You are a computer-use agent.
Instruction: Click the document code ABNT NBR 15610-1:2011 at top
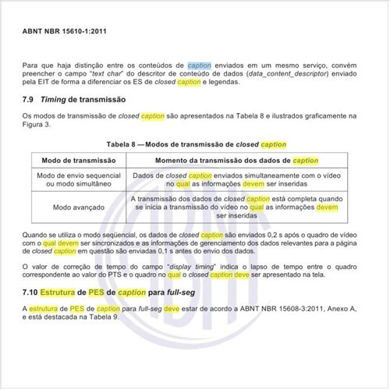(68, 35)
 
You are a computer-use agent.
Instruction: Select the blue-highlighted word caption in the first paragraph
(198, 67)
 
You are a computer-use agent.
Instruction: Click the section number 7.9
(30, 101)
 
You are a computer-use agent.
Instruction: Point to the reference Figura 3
(39, 125)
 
